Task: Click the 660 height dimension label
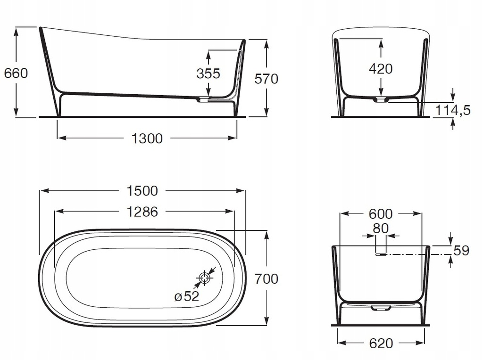click(16, 73)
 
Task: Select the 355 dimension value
click(208, 74)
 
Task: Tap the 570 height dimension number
click(266, 79)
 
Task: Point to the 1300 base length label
click(147, 139)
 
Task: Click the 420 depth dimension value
click(381, 69)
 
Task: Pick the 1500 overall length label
click(142, 191)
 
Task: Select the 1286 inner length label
click(142, 212)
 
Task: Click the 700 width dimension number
click(267, 279)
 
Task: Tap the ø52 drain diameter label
click(187, 296)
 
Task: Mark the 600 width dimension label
click(380, 214)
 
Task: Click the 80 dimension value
click(381, 228)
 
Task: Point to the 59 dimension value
click(461, 251)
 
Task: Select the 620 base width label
click(380, 344)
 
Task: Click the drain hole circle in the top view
click(204, 278)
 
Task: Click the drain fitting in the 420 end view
click(380, 99)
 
